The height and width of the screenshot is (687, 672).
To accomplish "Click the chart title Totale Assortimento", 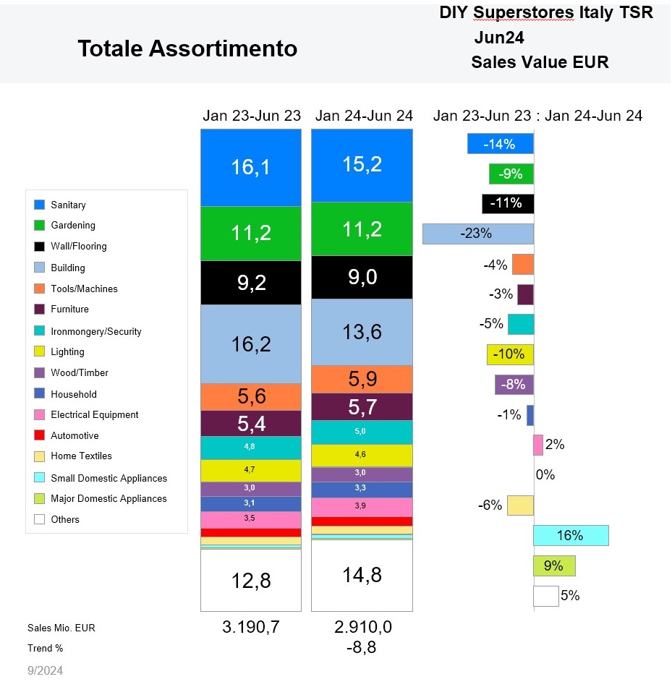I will [187, 48].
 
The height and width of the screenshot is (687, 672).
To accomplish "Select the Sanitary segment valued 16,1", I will [250, 168].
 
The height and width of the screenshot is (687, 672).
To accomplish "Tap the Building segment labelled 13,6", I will [362, 332].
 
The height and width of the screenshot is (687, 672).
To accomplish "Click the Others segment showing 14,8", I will [362, 575].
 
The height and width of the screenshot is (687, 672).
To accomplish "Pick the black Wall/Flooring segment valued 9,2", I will [250, 283].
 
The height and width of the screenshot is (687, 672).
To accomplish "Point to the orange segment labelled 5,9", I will [362, 380].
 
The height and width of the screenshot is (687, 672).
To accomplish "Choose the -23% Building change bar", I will [478, 234].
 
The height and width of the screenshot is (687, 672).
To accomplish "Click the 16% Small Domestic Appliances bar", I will [571, 535].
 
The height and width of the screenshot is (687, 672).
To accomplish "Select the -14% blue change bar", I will [501, 144].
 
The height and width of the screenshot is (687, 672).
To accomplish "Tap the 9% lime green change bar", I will [554, 566].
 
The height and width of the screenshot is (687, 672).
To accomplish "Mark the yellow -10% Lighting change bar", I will [511, 354].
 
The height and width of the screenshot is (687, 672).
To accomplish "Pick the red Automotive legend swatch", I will [40, 436].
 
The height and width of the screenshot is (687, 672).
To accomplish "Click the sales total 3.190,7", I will [250, 627].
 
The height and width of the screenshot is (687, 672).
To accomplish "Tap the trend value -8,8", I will [362, 648].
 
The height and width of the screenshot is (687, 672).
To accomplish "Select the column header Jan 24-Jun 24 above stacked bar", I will [364, 116].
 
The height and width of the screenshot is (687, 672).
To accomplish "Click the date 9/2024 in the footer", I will [46, 671].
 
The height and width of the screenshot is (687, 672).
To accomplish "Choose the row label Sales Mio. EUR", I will [61, 628].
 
